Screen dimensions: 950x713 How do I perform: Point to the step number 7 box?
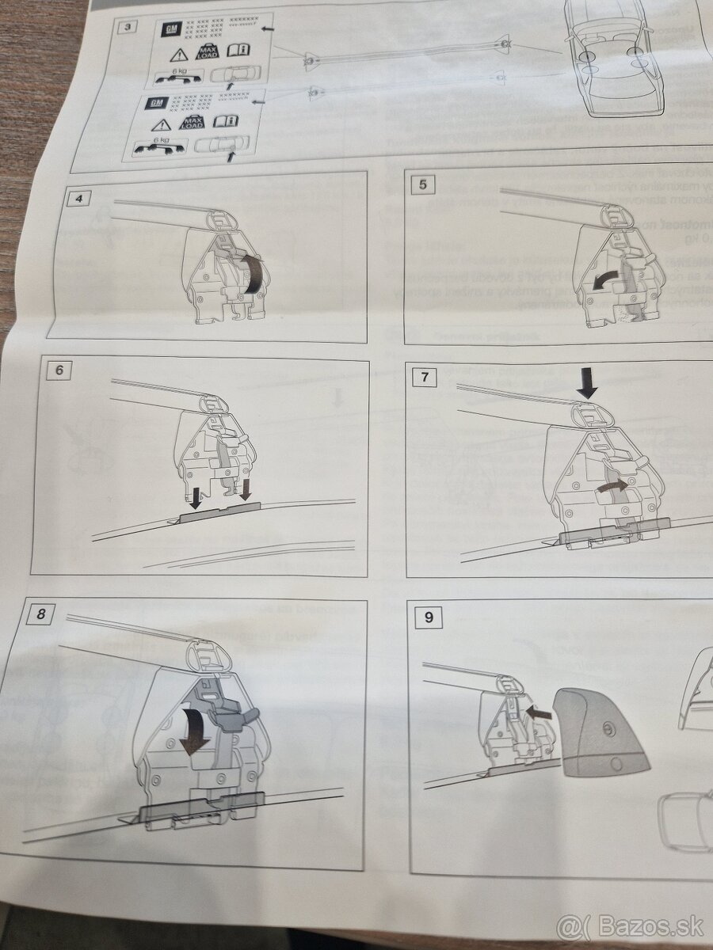pos(425,377)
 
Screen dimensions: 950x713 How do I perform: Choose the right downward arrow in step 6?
pos(244,492)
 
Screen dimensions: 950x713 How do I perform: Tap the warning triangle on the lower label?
pos(161,124)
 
